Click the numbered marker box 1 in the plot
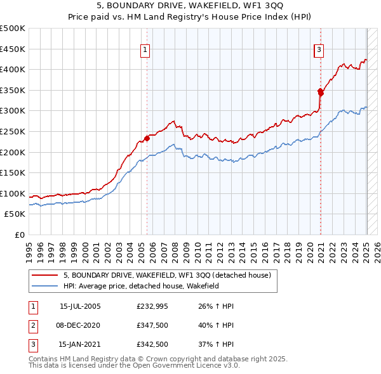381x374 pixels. tap(145, 49)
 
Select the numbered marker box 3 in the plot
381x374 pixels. tap(319, 49)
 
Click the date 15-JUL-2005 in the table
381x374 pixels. tap(80, 306)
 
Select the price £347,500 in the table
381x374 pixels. tap(152, 325)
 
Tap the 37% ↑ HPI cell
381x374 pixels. tap(216, 344)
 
